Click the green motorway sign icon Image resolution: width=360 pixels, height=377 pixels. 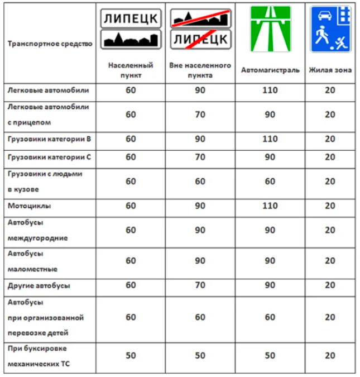tap(270, 29)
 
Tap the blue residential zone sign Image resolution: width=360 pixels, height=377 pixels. tap(330, 29)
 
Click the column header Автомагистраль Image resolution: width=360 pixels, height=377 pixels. tap(270, 70)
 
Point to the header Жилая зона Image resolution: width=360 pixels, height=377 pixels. tap(330, 70)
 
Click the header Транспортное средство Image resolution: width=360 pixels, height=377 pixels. tap(50, 44)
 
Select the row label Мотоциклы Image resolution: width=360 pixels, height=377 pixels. tap(29, 206)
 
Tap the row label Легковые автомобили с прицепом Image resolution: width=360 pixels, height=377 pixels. tap(48, 114)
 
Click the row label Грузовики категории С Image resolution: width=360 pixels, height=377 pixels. tap(49, 157)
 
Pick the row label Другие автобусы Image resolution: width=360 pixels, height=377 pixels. tap(39, 285)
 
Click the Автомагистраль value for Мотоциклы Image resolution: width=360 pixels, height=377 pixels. tap(270, 206)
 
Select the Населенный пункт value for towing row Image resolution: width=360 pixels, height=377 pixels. tap(131, 356)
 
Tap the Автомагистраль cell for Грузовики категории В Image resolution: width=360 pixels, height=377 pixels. tap(270, 139)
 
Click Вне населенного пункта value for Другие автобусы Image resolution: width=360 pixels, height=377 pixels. tap(200, 285)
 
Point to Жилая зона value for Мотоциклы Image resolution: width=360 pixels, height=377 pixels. tap(330, 206)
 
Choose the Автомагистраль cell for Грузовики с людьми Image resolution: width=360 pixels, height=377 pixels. tap(270, 182)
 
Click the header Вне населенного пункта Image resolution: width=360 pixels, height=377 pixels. tap(200, 70)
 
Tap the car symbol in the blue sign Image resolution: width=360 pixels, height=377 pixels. tap(323, 16)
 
